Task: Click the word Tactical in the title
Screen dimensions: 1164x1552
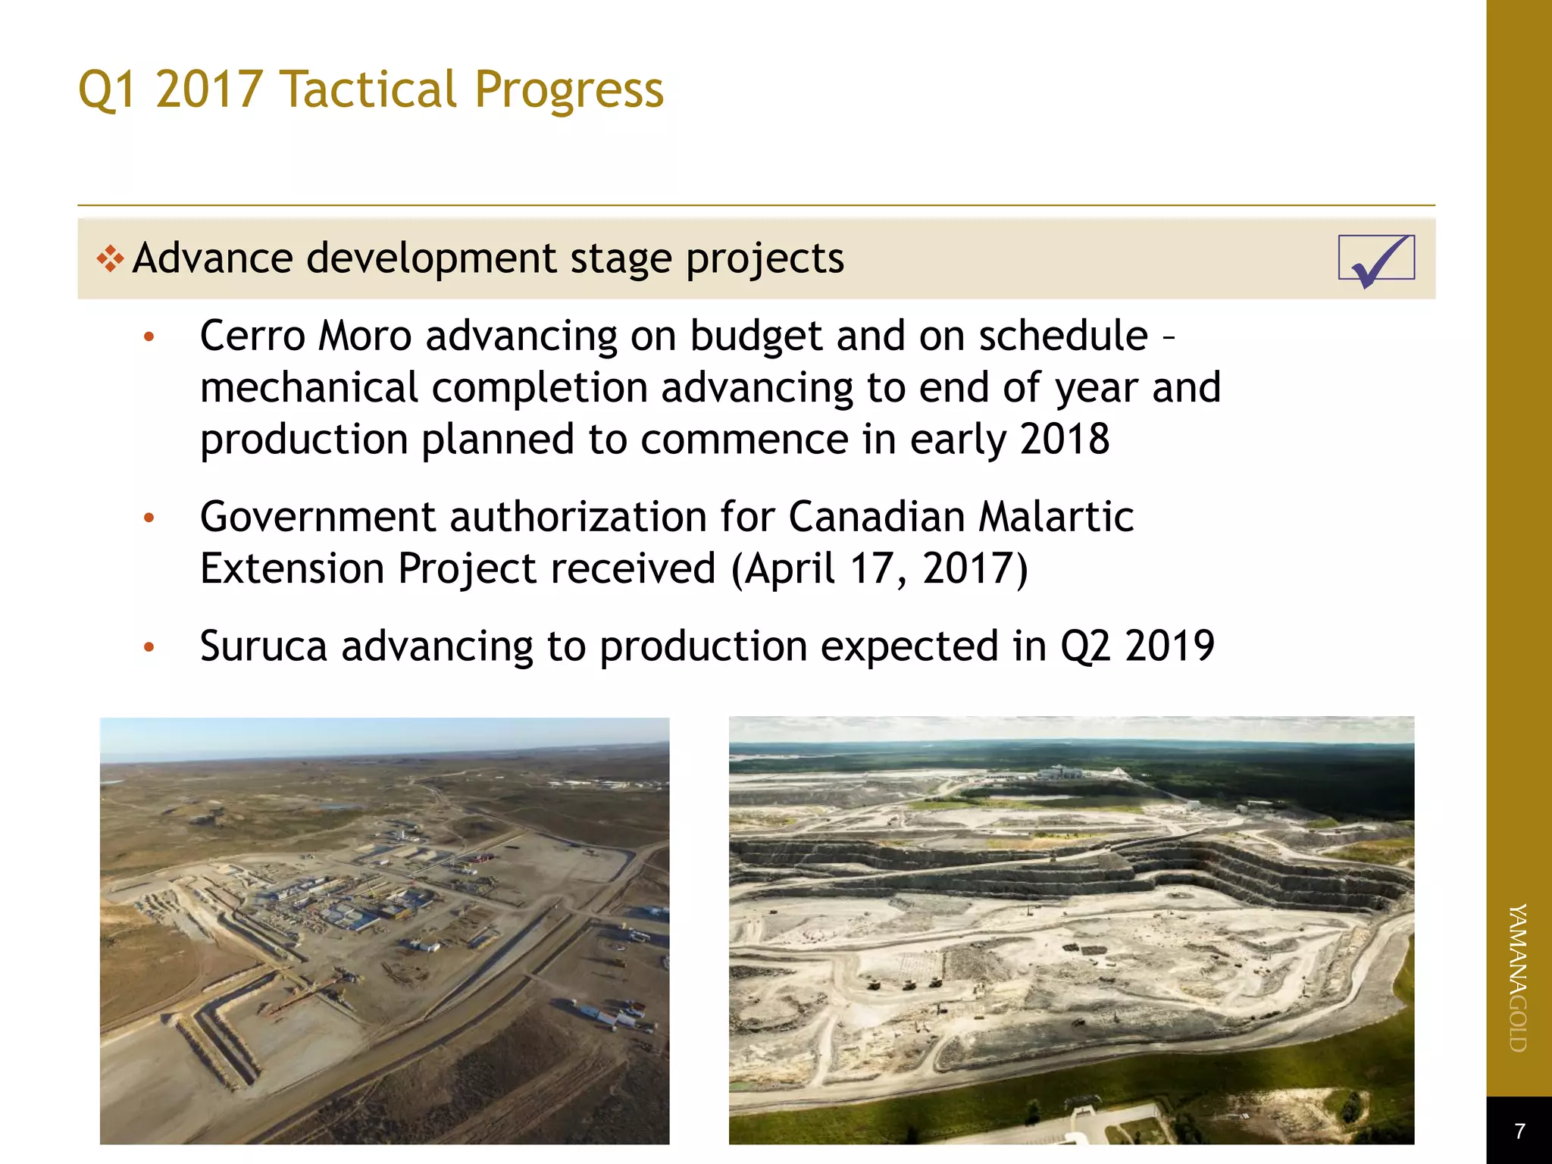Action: click(368, 89)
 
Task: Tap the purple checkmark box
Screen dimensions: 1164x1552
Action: click(1376, 259)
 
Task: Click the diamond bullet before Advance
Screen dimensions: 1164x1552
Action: click(110, 259)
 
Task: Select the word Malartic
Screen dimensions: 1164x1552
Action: click(1056, 518)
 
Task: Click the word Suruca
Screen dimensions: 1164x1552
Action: click(263, 646)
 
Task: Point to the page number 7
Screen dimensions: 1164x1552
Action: click(1519, 1131)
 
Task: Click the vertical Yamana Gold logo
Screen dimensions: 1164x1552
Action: click(1518, 978)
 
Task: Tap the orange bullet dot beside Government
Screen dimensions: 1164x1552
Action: click(149, 518)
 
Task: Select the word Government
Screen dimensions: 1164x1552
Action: click(318, 518)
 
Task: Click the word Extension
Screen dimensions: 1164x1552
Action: click(292, 569)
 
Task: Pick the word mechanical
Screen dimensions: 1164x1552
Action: click(308, 388)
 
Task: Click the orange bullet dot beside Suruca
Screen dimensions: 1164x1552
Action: click(149, 647)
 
